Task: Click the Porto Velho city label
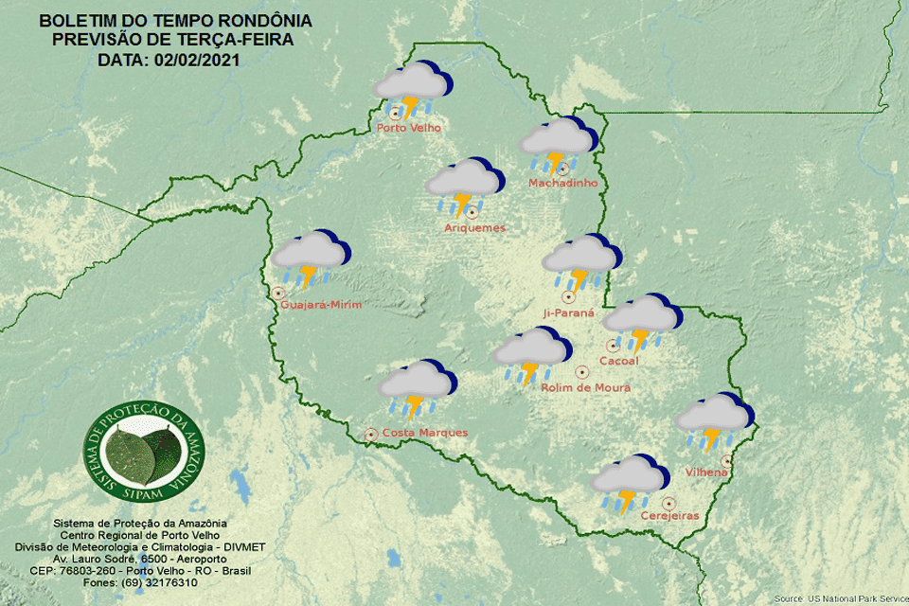pyautogui.click(x=408, y=128)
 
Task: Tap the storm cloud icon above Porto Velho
pyautogui.click(x=412, y=87)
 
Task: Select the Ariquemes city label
pyautogui.click(x=474, y=227)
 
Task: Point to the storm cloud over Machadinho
pyautogui.click(x=558, y=144)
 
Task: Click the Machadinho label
pyautogui.click(x=562, y=183)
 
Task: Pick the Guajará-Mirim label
pyautogui.click(x=322, y=304)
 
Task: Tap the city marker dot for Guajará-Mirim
pyautogui.click(x=278, y=294)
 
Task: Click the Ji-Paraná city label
pyautogui.click(x=568, y=312)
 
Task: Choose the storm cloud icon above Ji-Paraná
pyautogui.click(x=581, y=260)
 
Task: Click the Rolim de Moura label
pyautogui.click(x=585, y=387)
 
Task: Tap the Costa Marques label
pyautogui.click(x=424, y=433)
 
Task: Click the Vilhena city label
pyautogui.click(x=706, y=472)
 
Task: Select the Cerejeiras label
pyautogui.click(x=669, y=515)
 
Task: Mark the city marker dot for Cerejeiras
pyautogui.click(x=668, y=503)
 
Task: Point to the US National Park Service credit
pyautogui.click(x=839, y=598)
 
